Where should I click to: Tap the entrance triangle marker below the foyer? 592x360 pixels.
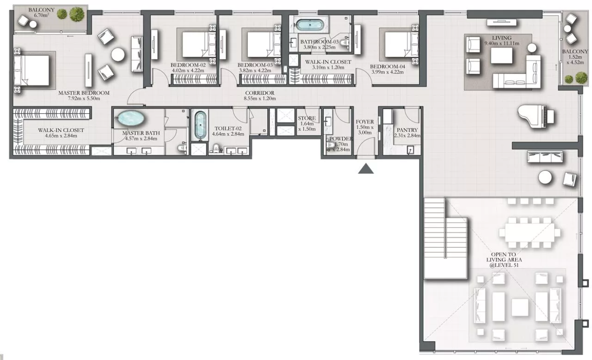(366, 169)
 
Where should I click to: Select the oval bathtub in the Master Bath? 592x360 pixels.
(131, 118)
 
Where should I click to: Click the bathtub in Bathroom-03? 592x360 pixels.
(310, 25)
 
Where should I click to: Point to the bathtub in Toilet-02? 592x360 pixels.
(200, 125)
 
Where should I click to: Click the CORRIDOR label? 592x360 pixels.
(260, 93)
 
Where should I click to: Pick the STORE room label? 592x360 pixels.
(307, 118)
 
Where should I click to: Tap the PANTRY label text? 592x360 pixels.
(407, 130)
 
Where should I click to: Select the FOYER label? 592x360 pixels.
(364, 122)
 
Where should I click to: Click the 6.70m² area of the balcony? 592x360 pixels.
(41, 15)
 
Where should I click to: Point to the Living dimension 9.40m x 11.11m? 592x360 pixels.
(501, 43)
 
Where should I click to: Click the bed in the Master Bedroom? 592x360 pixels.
(32, 70)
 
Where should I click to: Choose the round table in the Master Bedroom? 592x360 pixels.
(118, 54)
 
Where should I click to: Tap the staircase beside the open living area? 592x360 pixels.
(446, 239)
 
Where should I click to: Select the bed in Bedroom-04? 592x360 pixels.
(401, 45)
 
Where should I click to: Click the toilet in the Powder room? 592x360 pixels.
(330, 145)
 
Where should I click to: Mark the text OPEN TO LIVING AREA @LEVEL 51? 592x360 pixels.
(504, 260)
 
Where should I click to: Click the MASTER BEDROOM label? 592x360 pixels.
(84, 93)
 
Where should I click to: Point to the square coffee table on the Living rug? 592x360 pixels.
(501, 56)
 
